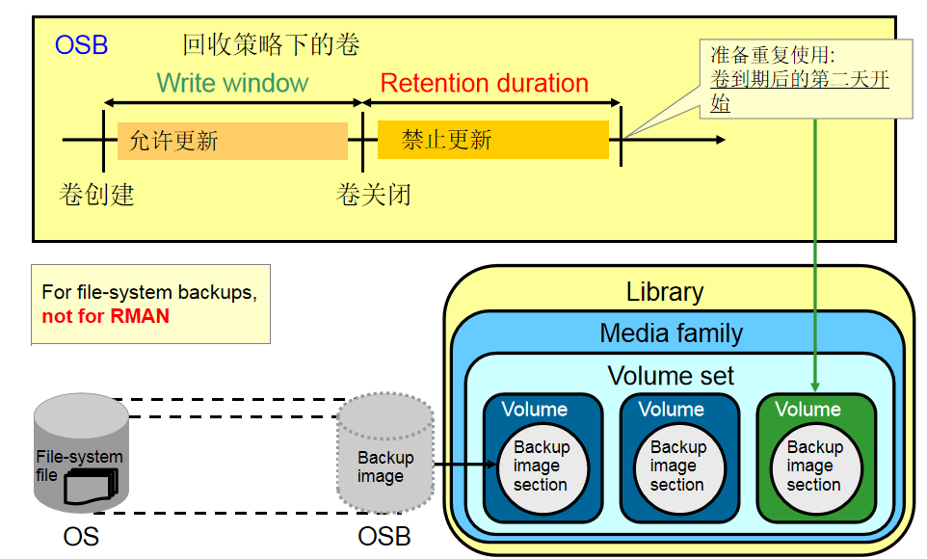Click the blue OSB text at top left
click(81, 45)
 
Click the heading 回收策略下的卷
click(271, 45)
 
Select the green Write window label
click(232, 83)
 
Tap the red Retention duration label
click(484, 84)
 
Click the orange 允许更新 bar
click(231, 141)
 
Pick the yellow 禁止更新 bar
click(492, 140)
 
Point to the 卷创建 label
click(96, 195)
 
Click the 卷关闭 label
click(373, 195)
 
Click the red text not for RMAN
click(106, 316)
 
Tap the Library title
click(665, 292)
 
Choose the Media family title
click(671, 333)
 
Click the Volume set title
click(671, 375)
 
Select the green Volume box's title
click(808, 410)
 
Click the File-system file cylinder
click(81, 453)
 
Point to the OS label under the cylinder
click(81, 536)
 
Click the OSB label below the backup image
click(384, 536)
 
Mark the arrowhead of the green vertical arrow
click(816, 385)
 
